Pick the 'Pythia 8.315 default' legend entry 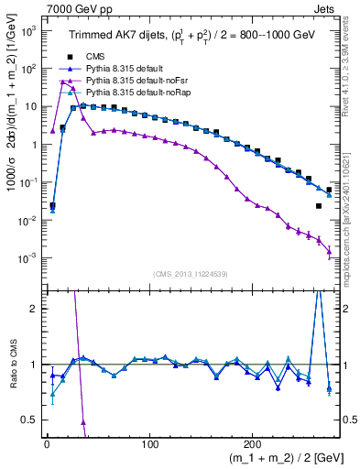pos(127,69)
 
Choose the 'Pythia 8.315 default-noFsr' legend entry pos(138,81)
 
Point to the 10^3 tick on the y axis pos(27,30)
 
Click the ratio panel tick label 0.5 pos(29,420)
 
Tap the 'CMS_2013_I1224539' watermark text pos(191,274)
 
